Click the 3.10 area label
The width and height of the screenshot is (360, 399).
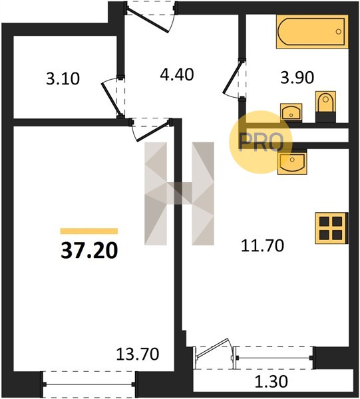point(63,78)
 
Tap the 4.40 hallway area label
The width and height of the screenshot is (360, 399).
point(177,74)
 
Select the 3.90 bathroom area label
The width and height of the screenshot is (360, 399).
point(297,78)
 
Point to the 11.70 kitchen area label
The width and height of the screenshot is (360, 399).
point(262,246)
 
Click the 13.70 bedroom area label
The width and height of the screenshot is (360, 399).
point(138,354)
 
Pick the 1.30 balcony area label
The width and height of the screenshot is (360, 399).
point(271,382)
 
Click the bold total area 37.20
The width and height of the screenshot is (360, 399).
point(89,251)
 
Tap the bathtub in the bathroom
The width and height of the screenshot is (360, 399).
point(312,32)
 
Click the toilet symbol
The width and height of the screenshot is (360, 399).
point(325,106)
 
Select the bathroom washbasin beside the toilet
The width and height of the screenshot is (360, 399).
point(291,112)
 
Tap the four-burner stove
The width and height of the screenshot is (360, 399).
point(331,228)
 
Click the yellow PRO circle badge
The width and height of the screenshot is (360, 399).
point(261,142)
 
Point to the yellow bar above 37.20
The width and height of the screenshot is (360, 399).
point(89,231)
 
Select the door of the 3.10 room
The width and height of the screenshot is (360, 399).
point(113,97)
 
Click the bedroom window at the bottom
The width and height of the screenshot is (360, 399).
point(89,384)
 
